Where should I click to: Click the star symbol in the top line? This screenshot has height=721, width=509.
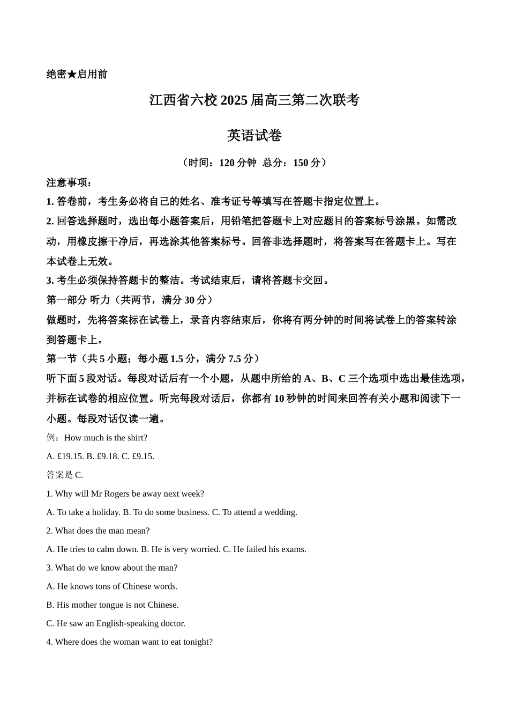[72, 75]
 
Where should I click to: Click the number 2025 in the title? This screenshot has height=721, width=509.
[234, 100]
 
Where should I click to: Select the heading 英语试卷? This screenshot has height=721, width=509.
[254, 135]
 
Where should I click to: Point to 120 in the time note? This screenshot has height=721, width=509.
[227, 163]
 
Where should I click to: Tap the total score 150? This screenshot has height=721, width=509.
[301, 163]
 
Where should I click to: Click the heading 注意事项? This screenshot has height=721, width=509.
[69, 182]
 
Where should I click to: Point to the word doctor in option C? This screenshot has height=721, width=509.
[172, 623]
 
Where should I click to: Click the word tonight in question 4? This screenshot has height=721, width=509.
[199, 642]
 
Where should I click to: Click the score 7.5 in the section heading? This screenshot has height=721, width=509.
[235, 359]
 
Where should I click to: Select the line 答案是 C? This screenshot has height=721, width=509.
[65, 475]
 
